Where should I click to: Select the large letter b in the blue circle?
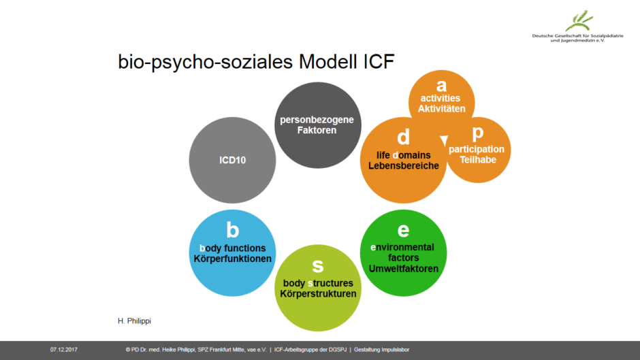pos(232,229)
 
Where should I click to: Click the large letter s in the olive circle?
pos(317,265)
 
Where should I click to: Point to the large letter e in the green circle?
pos(403,230)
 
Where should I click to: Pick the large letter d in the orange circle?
pos(403,137)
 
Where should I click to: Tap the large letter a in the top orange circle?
pos(441,85)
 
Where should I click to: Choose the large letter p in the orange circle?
pos(477,133)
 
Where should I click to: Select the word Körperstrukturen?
pos(318,294)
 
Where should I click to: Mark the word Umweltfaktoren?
pos(403,269)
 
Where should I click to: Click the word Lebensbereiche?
pos(404,166)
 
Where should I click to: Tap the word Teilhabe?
pos(477,160)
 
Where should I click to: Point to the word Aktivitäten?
pos(441,109)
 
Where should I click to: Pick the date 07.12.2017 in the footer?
pos(63,350)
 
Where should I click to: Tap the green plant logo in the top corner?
pos(579,20)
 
